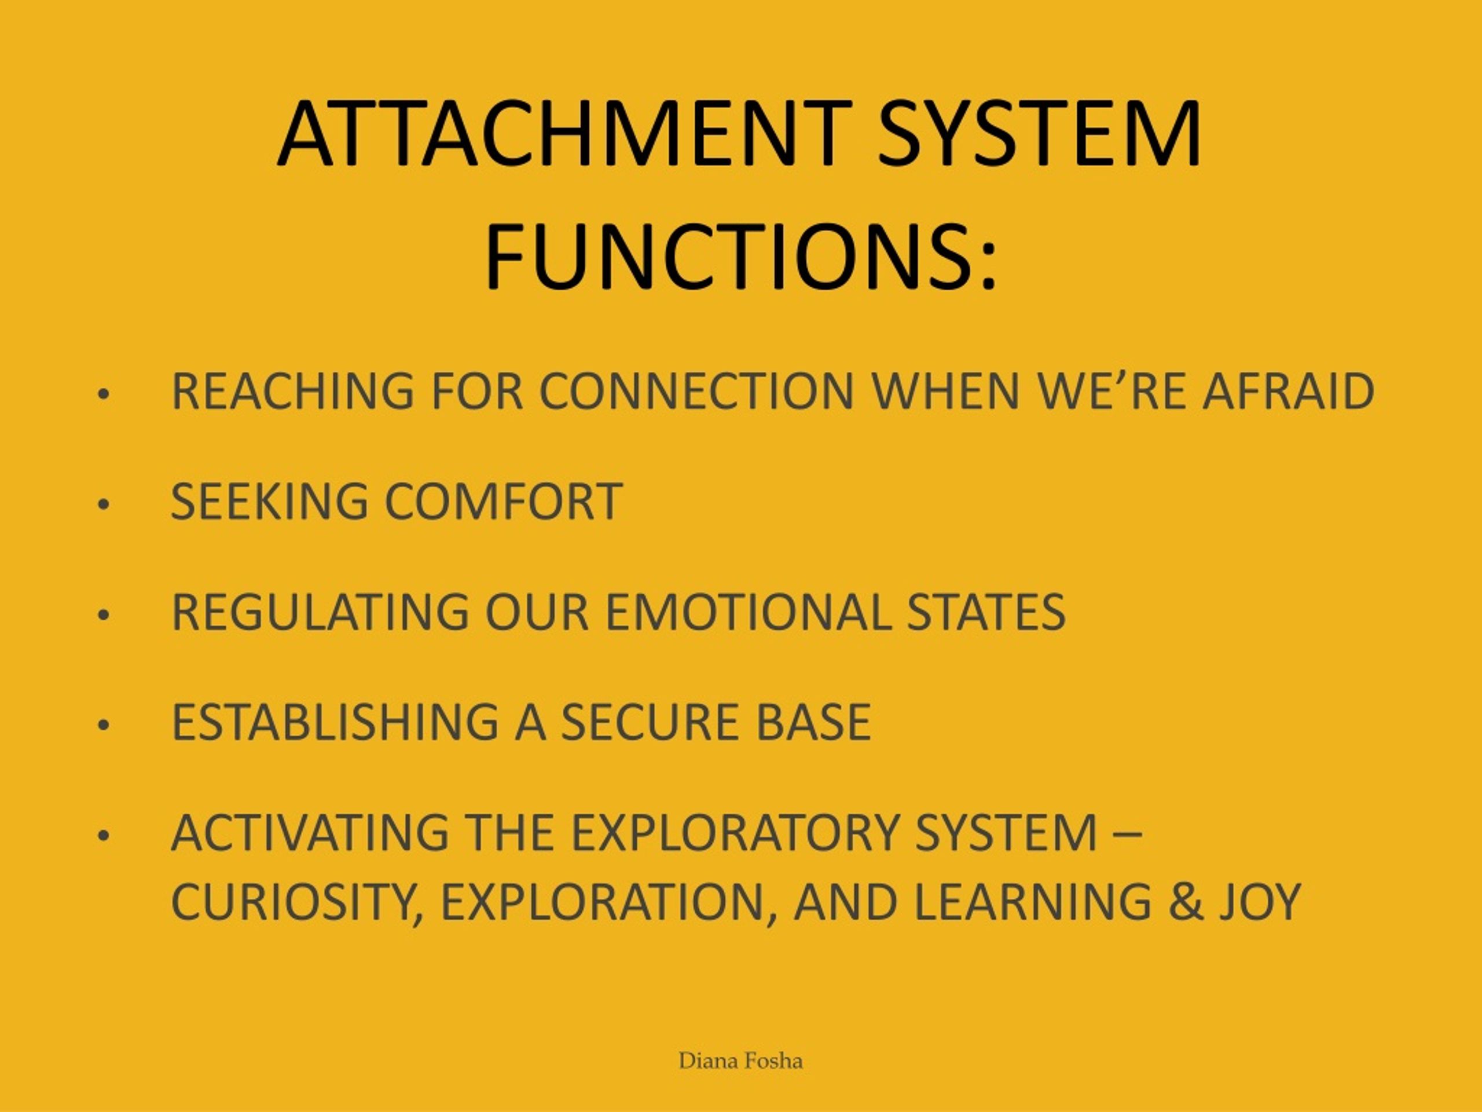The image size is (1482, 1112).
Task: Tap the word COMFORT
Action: point(503,502)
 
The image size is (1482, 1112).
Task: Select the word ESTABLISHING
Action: point(335,723)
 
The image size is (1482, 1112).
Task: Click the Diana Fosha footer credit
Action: point(740,1061)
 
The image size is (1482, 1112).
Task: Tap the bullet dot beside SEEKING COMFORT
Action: point(102,504)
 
